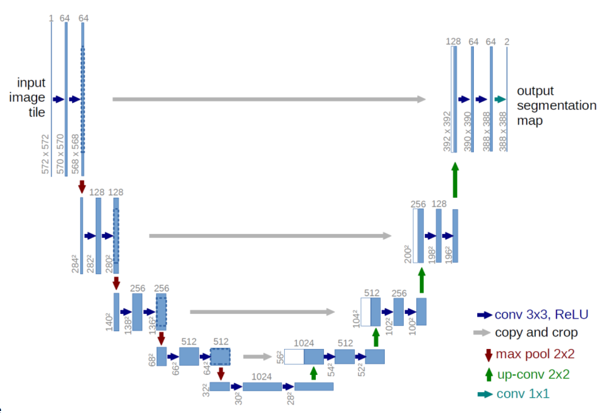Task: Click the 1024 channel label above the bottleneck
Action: coord(261,376)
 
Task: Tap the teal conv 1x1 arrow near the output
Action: coord(500,100)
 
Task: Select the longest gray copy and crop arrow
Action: coord(269,100)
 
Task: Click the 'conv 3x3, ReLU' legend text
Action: coord(541,314)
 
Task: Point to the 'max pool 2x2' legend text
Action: coord(535,354)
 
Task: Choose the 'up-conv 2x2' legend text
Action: coord(533,374)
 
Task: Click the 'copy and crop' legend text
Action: coord(536,333)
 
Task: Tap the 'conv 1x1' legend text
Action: coord(523,394)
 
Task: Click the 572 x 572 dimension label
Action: coord(45,154)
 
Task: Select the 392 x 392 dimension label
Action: coord(447,131)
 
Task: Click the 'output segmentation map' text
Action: coord(556,105)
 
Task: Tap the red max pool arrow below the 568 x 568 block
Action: coord(81,187)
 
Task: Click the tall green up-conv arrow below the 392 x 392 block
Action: coord(455,180)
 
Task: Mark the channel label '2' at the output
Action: coord(507,42)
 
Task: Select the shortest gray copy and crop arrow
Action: coord(258,357)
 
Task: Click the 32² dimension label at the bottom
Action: coord(206,390)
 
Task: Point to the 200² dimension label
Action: coord(408,254)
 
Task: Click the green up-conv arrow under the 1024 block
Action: coord(314,373)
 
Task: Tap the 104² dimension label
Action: coord(356,318)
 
